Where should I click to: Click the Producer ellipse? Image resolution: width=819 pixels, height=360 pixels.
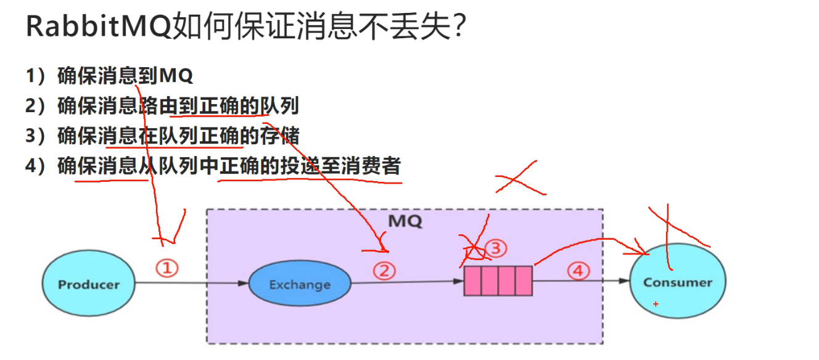[89, 284]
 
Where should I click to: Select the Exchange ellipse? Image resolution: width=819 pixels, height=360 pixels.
[300, 285]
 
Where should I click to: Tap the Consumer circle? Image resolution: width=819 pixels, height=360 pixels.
[677, 282]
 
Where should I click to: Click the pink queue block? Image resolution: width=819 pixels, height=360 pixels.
[498, 280]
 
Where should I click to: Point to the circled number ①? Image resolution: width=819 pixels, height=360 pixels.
[167, 268]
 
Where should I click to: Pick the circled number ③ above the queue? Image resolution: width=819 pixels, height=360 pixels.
[495, 248]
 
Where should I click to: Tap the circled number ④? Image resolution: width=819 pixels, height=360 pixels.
[578, 271]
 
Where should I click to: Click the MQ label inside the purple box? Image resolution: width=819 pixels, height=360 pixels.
[405, 221]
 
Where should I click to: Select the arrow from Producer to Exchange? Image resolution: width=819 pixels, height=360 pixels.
[191, 284]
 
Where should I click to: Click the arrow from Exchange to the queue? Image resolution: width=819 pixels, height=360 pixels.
[407, 282]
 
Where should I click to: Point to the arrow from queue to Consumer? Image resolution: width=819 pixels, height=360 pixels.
[580, 282]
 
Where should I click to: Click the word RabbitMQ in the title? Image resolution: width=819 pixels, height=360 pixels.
[99, 28]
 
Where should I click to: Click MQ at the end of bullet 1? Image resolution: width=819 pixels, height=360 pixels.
[176, 76]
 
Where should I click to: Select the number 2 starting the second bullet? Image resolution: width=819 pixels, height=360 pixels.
[31, 107]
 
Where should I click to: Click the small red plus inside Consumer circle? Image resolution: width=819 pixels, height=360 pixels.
[656, 304]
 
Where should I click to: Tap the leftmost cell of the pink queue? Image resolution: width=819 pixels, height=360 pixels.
[472, 280]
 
